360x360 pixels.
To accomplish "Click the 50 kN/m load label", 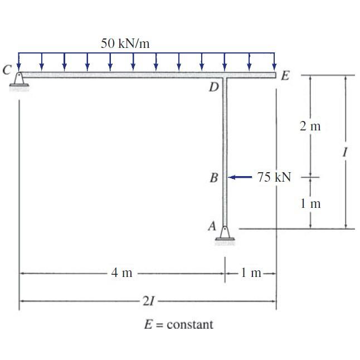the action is coord(125,43).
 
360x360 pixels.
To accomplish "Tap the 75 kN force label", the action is coord(274,177).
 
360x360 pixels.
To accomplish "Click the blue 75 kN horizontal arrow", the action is coord(240,177).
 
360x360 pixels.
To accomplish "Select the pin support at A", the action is coord(225,233).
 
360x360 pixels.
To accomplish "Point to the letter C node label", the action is coord(7,70).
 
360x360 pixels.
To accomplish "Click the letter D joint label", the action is coord(214,87).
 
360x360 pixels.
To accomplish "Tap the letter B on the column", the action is coord(214,178).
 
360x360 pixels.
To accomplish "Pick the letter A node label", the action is coord(212,226).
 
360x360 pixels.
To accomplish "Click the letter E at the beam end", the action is coord(285,76).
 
